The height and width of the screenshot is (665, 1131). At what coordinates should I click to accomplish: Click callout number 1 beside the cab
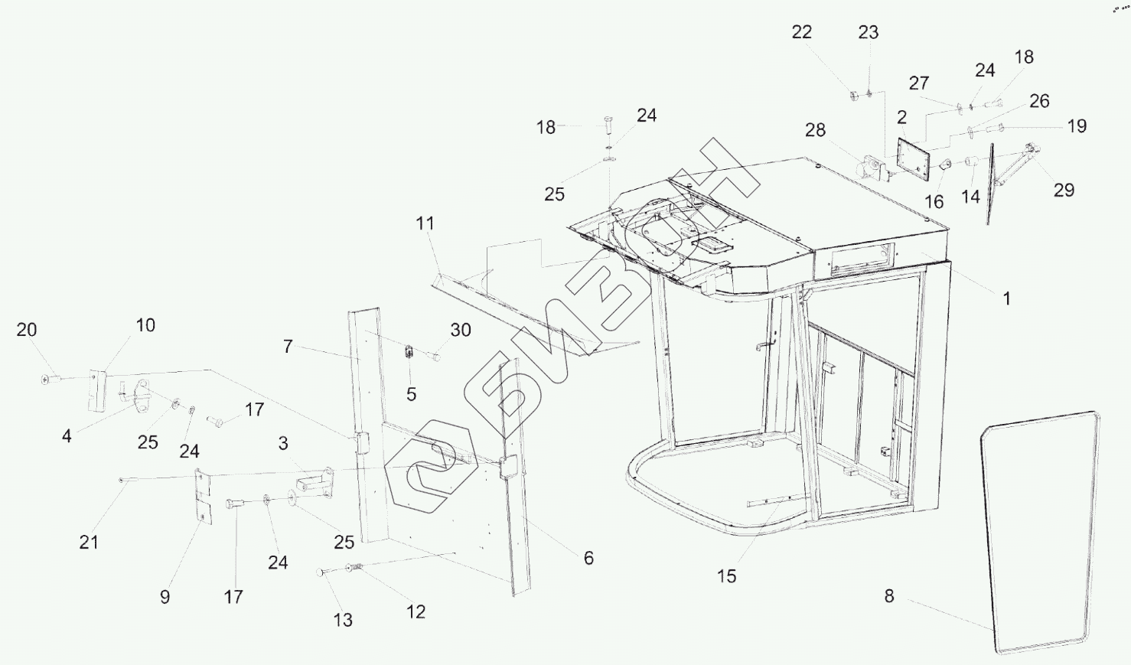tap(1007, 298)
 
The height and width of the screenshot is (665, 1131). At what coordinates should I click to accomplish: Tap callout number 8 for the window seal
tap(888, 596)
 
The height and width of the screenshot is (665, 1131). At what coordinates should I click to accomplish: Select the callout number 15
tap(726, 576)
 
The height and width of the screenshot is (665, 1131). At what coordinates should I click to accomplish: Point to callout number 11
tap(425, 223)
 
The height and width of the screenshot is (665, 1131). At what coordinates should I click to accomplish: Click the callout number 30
tap(460, 330)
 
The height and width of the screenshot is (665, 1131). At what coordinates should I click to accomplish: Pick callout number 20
tap(27, 330)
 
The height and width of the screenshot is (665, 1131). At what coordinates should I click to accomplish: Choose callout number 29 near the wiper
tap(1064, 190)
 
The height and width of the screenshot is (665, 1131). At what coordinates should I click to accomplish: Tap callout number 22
tap(801, 32)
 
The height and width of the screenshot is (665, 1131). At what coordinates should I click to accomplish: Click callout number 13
tap(343, 620)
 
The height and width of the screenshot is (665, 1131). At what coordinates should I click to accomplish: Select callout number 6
tap(588, 558)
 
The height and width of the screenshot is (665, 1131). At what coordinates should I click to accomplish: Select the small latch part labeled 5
tap(409, 354)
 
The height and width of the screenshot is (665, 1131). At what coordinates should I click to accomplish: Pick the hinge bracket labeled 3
tap(314, 484)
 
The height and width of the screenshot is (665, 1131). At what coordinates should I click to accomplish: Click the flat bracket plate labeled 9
tap(202, 497)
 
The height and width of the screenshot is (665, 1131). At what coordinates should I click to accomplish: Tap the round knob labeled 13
tap(321, 572)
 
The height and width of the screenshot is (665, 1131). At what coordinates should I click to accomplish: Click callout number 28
tap(815, 130)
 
